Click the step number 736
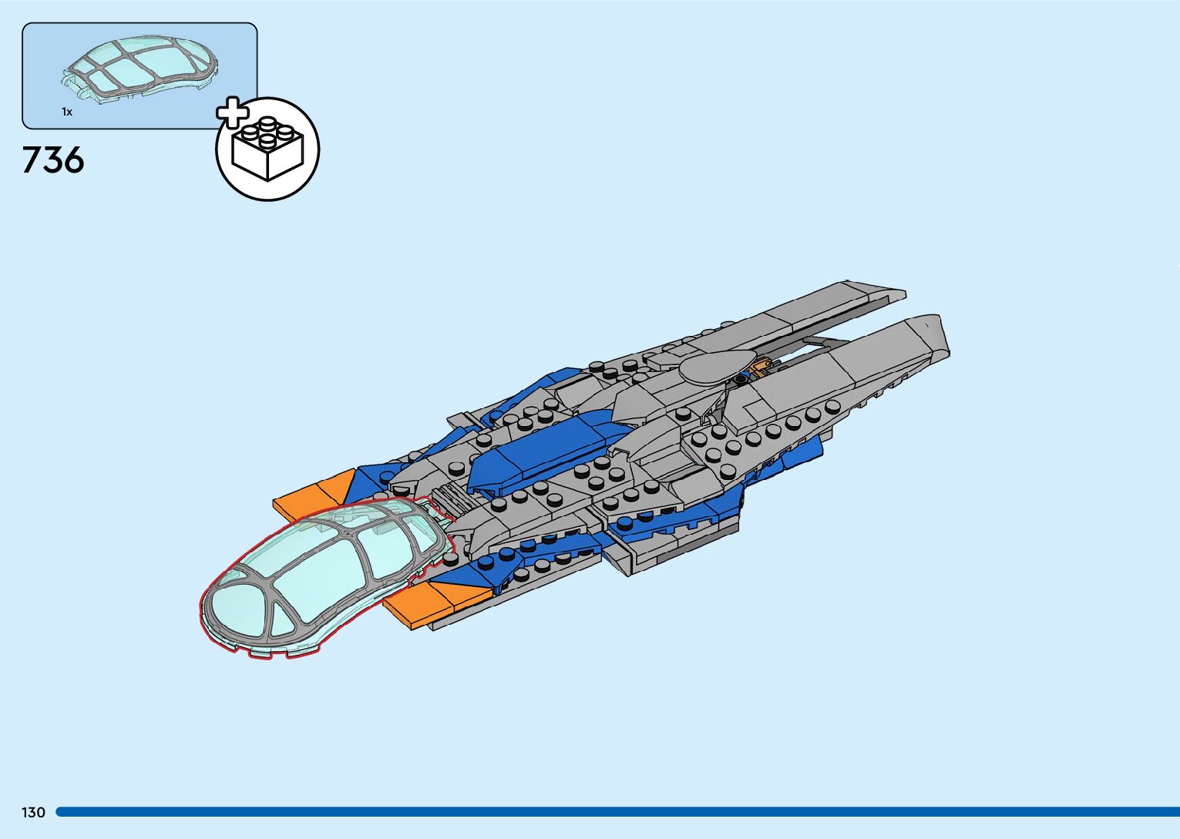53,160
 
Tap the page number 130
33,813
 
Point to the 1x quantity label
67,112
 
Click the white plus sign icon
232,112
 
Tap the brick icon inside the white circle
267,149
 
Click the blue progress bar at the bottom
617,812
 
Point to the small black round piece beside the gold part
741,378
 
